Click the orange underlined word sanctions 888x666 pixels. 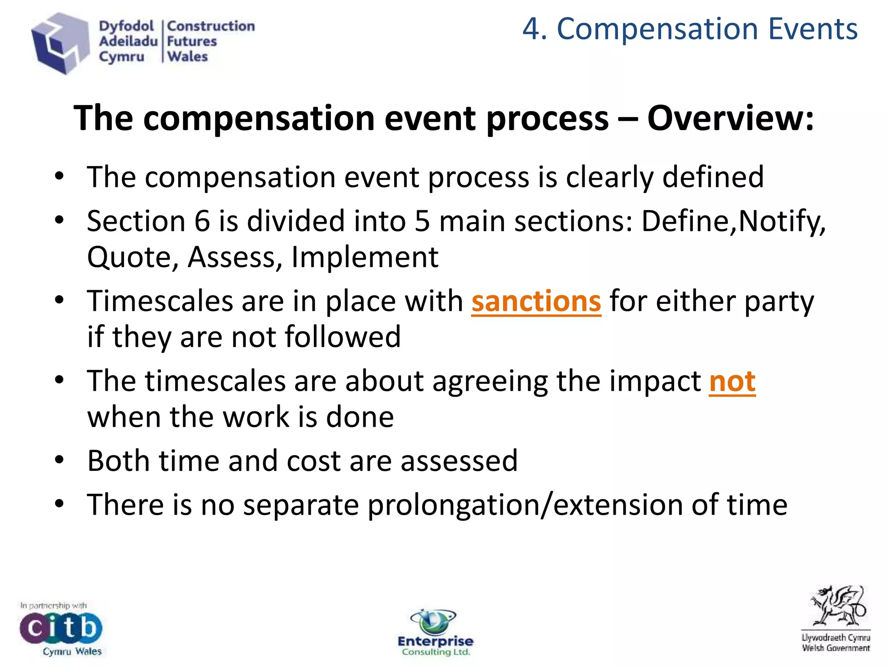[536, 301]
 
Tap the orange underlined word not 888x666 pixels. [732, 381]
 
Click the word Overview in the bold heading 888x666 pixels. [730, 118]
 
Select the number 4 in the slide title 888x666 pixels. [531, 29]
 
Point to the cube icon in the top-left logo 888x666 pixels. [59, 43]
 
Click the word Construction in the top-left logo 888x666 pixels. [211, 26]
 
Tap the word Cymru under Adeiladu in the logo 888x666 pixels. [121, 57]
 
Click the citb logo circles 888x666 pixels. [61, 627]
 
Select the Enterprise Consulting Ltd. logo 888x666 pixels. [435, 633]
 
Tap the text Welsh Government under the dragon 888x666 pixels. [836, 648]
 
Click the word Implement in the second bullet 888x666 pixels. [365, 257]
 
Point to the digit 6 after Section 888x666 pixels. [202, 221]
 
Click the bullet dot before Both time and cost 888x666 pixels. [59, 460]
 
